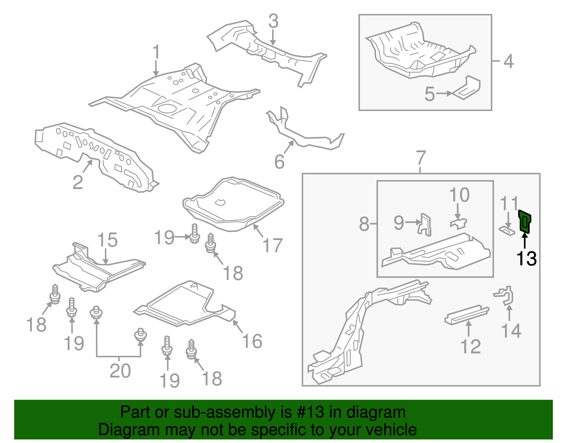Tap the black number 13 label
(526, 259)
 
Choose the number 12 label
(471, 347)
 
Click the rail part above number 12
(467, 314)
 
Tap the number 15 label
(107, 240)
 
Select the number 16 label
(252, 341)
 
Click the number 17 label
(272, 245)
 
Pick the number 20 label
(120, 371)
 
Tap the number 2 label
(78, 182)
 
